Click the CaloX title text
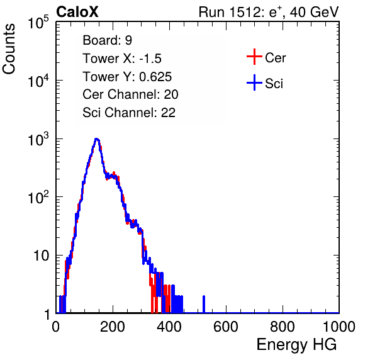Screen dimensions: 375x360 77,12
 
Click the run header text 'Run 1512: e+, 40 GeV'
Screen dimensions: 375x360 269,12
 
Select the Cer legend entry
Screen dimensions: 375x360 266,57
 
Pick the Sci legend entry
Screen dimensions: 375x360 265,83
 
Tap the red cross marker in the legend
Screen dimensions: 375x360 254,57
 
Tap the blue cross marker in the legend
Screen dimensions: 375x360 254,83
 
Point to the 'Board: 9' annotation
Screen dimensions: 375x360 107,40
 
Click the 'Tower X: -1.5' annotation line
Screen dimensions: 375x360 122,59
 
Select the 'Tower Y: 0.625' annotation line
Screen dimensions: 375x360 127,77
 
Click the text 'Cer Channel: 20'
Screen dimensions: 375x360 130,94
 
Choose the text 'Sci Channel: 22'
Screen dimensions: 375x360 129,113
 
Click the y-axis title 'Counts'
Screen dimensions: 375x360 9,48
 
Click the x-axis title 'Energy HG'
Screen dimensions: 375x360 296,345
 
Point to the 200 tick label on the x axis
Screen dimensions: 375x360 113,327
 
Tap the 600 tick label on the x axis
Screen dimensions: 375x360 226,327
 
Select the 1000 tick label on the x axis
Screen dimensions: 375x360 339,327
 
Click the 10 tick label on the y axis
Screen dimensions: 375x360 41,256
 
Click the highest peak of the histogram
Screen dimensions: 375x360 96,139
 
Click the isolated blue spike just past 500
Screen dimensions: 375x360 204,304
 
